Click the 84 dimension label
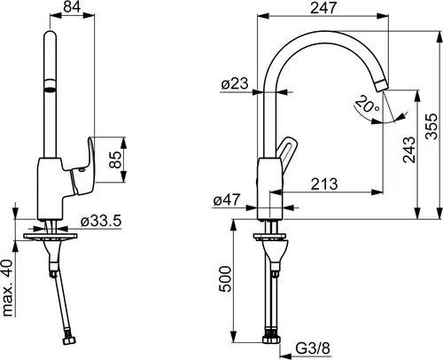tap(72, 6)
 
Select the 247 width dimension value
tap(323, 7)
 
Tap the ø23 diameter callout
tap(235, 83)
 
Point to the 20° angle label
tap(367, 105)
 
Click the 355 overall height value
tap(431, 126)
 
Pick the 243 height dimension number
tap(409, 150)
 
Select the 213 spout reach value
tap(324, 184)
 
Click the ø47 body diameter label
tap(227, 200)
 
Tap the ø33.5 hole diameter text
tap(101, 221)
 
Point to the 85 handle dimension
tap(115, 160)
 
